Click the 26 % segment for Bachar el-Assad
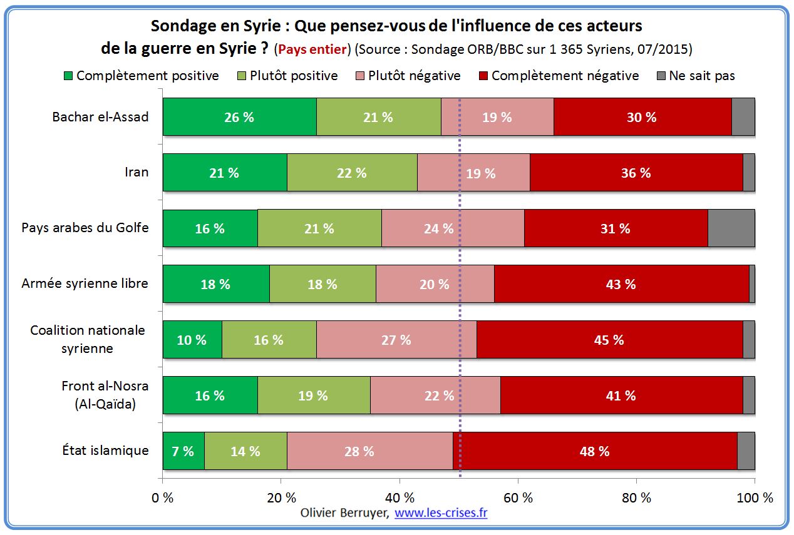[239, 117]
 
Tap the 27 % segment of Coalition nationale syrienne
[396, 340]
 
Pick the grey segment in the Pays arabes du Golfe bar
[731, 228]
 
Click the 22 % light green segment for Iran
[352, 173]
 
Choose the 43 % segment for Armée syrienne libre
[621, 284]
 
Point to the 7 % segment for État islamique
[183, 451]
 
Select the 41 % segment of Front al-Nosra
[621, 395]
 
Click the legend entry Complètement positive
[141, 76]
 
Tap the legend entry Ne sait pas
[694, 76]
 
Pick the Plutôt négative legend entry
[407, 76]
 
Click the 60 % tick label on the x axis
[518, 498]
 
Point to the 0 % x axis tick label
[163, 498]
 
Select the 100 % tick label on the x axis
[755, 498]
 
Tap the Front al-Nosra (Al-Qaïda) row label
[105, 395]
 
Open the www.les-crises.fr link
[441, 513]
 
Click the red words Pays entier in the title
[313, 49]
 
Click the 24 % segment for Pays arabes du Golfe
[438, 228]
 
